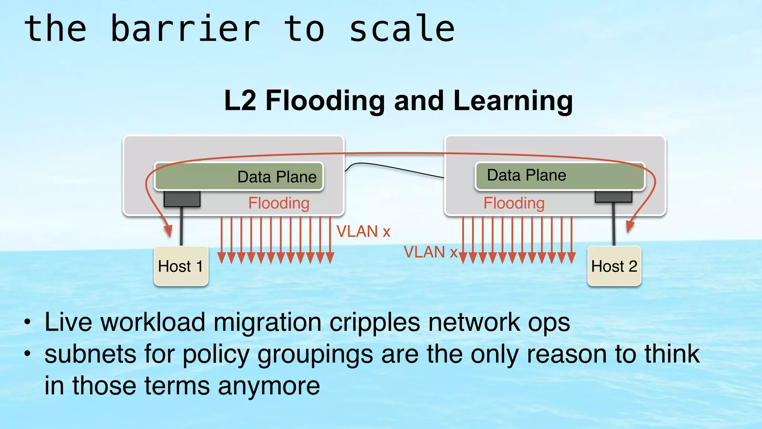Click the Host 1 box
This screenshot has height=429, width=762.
coord(181,266)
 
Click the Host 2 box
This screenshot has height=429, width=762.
coord(614,266)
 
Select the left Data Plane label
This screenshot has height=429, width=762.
coord(277,177)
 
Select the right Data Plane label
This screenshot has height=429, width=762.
coord(526,175)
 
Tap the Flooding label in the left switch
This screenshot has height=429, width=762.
coord(279,203)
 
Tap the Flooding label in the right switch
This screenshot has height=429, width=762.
coord(514,203)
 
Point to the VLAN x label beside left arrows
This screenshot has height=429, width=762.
coord(363,232)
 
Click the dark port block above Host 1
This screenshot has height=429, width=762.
coord(182,199)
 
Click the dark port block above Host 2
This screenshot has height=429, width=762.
coord(613,197)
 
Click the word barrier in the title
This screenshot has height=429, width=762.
coord(185,29)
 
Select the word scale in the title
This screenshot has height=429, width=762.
coord(402,29)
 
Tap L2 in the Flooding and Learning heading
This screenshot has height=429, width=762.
coord(240,101)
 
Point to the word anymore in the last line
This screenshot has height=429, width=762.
coord(269,386)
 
